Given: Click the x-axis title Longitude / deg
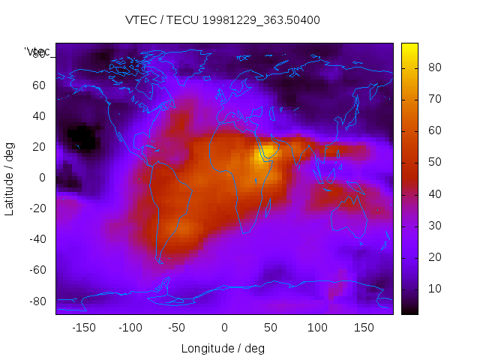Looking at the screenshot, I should pyautogui.click(x=223, y=349).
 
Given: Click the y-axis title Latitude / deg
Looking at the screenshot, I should pyautogui.click(x=10, y=178).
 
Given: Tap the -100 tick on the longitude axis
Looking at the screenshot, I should pyautogui.click(x=130, y=328).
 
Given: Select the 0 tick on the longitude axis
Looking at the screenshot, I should pyautogui.click(x=223, y=328).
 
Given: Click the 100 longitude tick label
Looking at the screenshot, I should pyautogui.click(x=317, y=328).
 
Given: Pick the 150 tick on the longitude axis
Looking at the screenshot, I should pyautogui.click(x=364, y=328).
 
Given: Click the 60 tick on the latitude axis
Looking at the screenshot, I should pyautogui.click(x=39, y=85).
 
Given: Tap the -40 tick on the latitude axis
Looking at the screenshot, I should pyautogui.click(x=37, y=239).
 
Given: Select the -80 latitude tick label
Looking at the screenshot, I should pyautogui.click(x=37, y=301).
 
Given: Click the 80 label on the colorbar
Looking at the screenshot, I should pyautogui.click(x=433, y=67).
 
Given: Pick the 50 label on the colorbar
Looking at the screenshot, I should pyautogui.click(x=433, y=162).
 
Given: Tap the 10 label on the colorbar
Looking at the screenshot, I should pyautogui.click(x=433, y=289).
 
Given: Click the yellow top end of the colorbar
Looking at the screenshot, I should pyautogui.click(x=409, y=47).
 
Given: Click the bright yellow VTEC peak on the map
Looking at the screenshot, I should pyautogui.click(x=267, y=154).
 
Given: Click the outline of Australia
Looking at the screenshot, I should pyautogui.click(x=349, y=217).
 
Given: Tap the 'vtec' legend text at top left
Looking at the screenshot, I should pyautogui.click(x=37, y=51).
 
